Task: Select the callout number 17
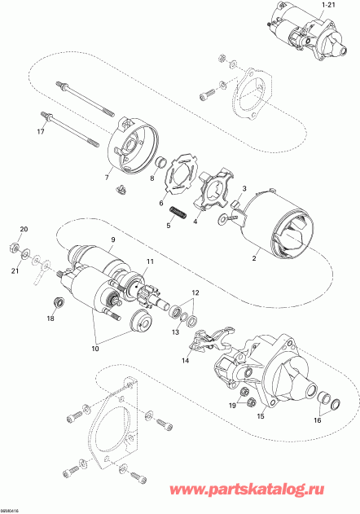40,133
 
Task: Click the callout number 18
50,319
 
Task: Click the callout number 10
97,348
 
